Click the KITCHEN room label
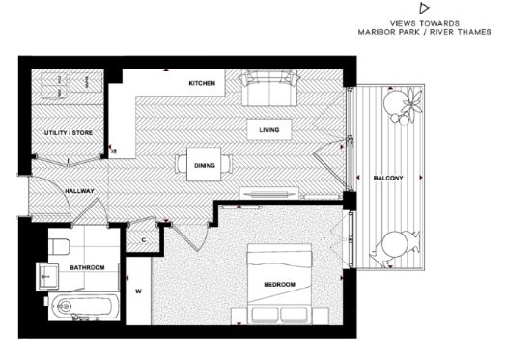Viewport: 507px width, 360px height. (x=202, y=83)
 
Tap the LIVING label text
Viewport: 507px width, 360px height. (x=269, y=130)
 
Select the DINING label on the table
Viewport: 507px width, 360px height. (x=205, y=165)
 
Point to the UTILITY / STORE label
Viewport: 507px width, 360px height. (x=69, y=133)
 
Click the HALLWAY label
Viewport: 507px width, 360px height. (x=79, y=191)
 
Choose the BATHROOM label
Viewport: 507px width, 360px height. (x=87, y=267)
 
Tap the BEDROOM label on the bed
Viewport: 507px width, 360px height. (x=280, y=285)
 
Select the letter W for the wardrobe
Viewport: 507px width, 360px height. (x=138, y=291)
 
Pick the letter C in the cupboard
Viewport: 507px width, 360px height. (x=144, y=240)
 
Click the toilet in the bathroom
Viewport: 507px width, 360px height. (x=59, y=247)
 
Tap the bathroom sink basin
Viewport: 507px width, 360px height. (x=48, y=276)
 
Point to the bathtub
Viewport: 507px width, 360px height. (x=84, y=307)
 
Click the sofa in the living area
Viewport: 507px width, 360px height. (x=269, y=88)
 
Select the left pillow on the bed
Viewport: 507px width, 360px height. (x=265, y=315)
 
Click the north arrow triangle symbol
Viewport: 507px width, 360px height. (x=424, y=8)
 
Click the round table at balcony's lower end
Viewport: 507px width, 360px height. (x=394, y=244)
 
